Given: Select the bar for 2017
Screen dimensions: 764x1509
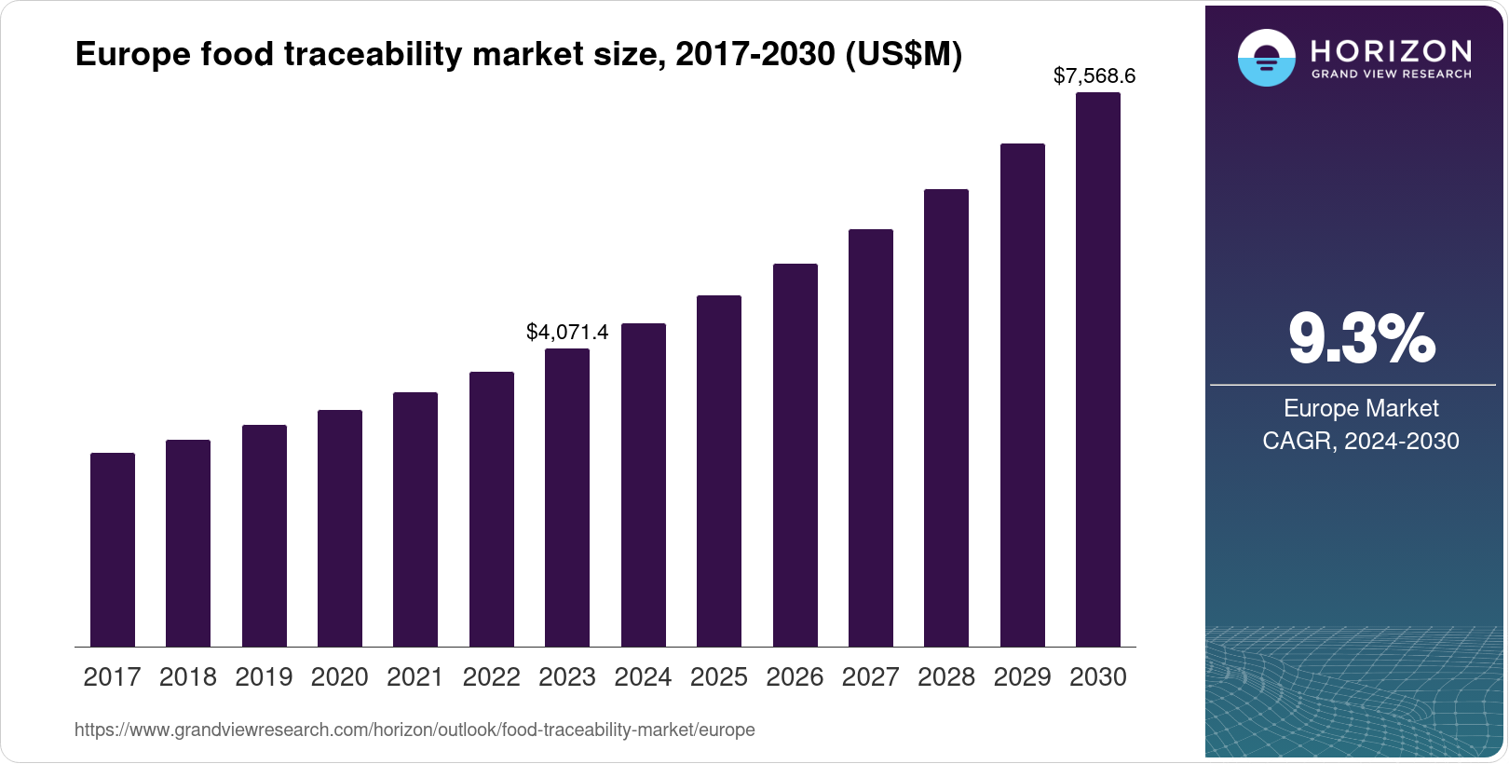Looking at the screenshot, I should click(113, 550).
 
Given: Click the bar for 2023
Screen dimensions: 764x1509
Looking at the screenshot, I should click(567, 498).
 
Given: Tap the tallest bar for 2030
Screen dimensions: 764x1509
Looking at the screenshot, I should click(1098, 369).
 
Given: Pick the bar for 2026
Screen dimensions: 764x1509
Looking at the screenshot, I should click(795, 455).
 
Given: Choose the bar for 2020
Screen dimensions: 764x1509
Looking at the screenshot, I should click(340, 528).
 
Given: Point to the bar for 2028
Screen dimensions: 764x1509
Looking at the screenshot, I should click(946, 417).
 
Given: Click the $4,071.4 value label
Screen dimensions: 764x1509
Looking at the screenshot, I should click(567, 333).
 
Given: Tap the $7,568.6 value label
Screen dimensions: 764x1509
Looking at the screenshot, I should click(1094, 76).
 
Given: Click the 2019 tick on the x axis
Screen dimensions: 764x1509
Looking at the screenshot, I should click(264, 677).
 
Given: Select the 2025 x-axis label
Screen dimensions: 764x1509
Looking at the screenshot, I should click(719, 677).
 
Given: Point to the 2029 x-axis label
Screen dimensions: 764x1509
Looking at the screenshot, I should click(1022, 677).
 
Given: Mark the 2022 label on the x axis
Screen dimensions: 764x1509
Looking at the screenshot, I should click(491, 677).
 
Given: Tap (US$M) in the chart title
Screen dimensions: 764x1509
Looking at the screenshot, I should click(903, 55).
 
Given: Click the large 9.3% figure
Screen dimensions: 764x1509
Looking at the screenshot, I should click(1361, 338).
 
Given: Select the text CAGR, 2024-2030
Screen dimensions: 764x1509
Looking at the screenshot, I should click(1360, 441).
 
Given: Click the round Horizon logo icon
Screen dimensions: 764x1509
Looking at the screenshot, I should click(1266, 58).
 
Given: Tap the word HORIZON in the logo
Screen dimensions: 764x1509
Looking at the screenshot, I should click(1391, 50).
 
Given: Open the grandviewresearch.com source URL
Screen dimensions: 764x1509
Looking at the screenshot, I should click(415, 730).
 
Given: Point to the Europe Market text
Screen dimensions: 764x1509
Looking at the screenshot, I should click(1360, 408).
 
